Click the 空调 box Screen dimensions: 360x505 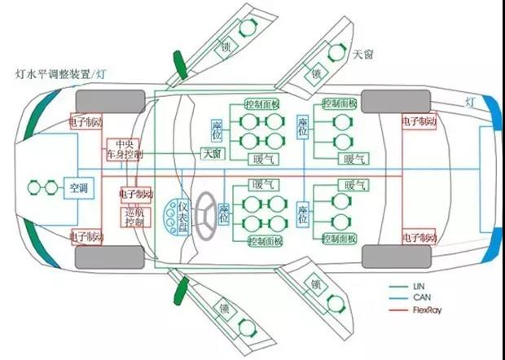(x=81, y=188)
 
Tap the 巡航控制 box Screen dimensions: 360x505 (x=134, y=216)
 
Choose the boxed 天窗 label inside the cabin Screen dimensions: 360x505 (x=213, y=154)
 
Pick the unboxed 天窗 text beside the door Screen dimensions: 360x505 (x=364, y=55)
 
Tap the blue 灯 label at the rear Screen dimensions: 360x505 (x=470, y=102)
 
